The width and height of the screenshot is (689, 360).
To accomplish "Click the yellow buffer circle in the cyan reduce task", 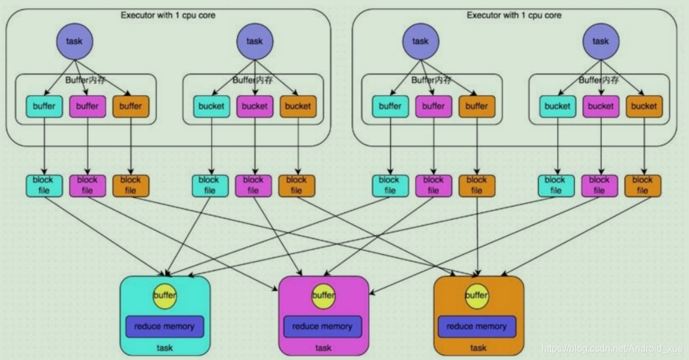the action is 165,296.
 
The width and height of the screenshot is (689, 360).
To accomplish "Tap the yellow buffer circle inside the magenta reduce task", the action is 323,296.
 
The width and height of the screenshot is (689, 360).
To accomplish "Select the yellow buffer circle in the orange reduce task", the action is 477,296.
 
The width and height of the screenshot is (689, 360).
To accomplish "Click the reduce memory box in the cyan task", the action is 165,326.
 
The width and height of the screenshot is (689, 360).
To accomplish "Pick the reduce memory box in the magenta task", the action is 323,326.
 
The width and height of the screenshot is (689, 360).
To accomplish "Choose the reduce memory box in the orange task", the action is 477,326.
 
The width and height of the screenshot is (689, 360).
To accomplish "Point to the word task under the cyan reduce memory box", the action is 165,347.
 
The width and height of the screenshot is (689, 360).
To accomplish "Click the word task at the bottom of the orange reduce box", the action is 478,347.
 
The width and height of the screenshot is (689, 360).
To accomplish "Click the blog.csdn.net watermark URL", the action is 612,349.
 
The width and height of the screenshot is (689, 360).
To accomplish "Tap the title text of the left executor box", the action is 168,16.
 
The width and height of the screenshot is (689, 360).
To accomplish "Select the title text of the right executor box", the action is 514,16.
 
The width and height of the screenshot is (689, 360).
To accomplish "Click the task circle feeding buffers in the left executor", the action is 75,41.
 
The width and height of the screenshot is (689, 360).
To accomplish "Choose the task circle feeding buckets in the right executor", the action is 601,41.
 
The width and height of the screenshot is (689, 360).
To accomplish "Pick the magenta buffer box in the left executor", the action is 88,106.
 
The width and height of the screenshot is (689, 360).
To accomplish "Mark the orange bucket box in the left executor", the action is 298,106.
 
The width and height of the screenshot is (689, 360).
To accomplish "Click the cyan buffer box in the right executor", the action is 390,106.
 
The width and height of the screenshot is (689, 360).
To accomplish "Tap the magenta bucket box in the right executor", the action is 601,106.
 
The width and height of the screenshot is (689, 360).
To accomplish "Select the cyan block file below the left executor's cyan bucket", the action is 210,185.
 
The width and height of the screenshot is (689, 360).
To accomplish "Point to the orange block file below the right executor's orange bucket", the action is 643,185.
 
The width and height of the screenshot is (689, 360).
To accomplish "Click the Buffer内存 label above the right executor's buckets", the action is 599,80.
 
